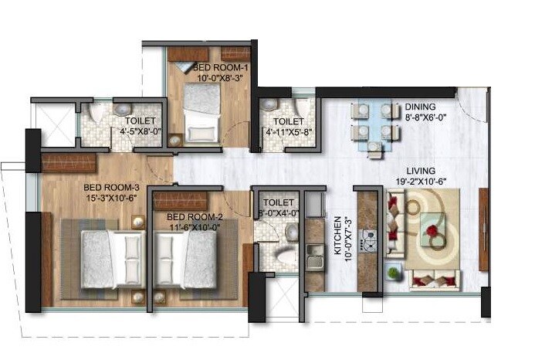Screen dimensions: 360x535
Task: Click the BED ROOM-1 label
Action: (217, 67)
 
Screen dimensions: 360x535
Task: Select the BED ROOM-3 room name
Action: (111, 186)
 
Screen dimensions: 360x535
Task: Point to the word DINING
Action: (420, 107)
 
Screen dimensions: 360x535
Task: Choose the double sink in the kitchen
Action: (315, 256)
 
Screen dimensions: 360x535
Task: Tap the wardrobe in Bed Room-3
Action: (69, 163)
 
